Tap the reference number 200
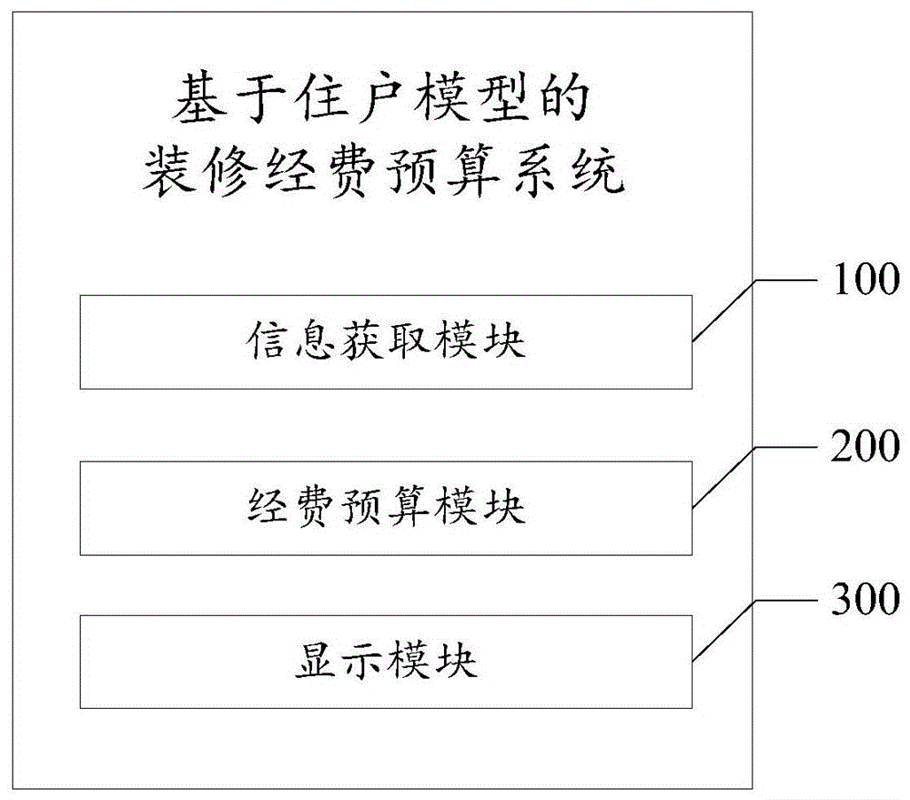tap(863, 446)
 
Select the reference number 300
tap(863, 600)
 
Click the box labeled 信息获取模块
tap(386, 342)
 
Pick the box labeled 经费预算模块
tap(386, 508)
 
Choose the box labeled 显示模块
tap(386, 662)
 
